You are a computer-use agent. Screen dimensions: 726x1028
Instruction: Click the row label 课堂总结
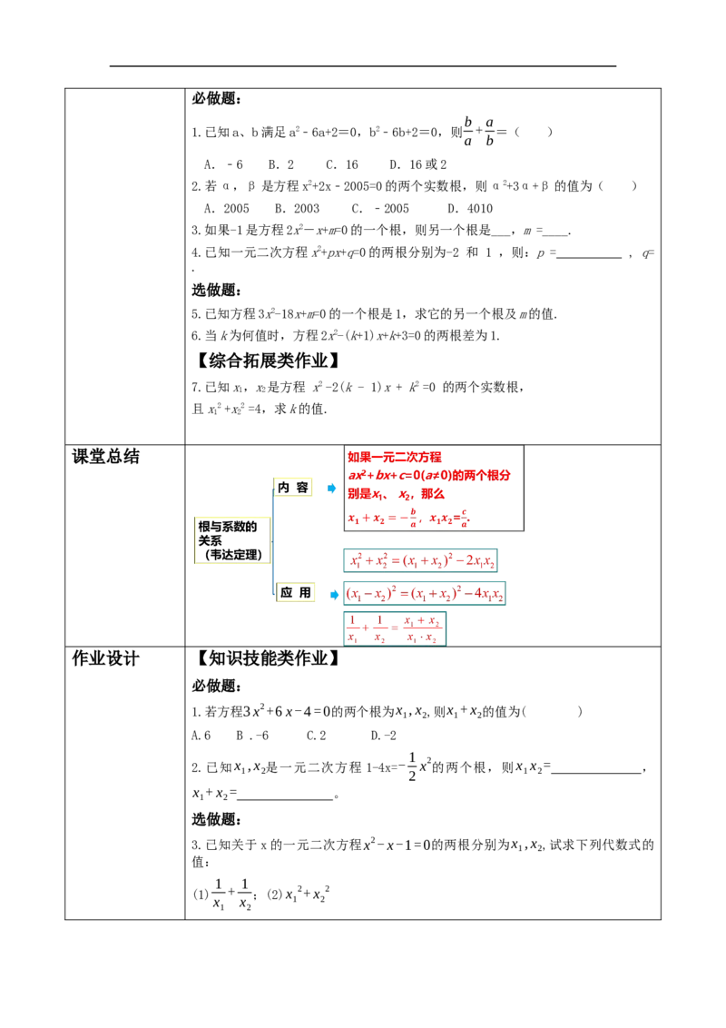tap(105, 456)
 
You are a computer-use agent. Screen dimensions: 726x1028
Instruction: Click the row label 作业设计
tap(105, 658)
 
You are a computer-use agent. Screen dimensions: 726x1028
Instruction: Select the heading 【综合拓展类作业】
tap(269, 360)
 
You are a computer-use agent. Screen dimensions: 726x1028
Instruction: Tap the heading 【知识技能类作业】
tap(269, 658)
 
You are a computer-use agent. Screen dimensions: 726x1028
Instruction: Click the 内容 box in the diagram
tap(293, 487)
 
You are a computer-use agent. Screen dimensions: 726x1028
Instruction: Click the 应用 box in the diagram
tap(296, 592)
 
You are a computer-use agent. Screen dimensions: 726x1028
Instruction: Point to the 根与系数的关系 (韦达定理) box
tap(232, 540)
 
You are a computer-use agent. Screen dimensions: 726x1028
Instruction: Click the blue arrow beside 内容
tap(331, 488)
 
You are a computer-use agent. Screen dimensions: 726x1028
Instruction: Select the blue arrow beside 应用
tap(334, 595)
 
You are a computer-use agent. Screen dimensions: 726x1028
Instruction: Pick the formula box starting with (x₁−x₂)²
tap(425, 593)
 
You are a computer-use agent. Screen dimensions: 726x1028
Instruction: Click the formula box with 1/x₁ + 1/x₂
tap(395, 628)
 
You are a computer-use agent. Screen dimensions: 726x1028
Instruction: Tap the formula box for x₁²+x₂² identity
tap(420, 560)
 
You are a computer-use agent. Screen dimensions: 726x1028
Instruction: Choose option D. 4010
tap(470, 209)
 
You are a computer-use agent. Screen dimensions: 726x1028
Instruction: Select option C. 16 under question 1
tap(342, 164)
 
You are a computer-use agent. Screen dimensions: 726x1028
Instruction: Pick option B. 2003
tap(297, 209)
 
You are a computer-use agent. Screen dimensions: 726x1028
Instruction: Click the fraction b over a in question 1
tap(468, 131)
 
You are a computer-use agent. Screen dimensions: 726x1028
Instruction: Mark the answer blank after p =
tap(588, 254)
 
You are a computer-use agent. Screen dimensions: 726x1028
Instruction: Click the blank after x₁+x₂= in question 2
tap(286, 796)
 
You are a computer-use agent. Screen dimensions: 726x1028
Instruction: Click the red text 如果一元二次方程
tap(395, 457)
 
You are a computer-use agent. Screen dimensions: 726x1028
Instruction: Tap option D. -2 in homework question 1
tap(383, 736)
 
